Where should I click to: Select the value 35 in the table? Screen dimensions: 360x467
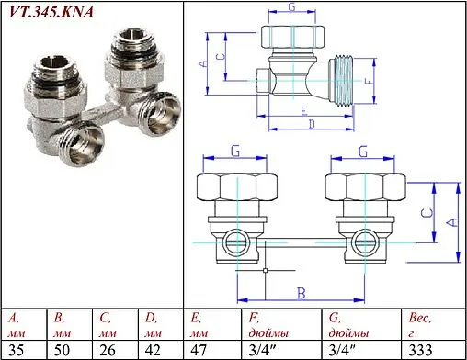(x=15, y=350)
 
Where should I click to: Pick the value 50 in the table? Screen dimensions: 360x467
(x=63, y=350)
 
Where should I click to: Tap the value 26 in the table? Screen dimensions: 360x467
(x=108, y=350)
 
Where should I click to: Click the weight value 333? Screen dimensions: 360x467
(x=420, y=350)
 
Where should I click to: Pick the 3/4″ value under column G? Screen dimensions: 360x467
(x=343, y=350)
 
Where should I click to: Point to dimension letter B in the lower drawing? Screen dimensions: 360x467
(x=300, y=292)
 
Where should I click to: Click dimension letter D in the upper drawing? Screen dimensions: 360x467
(x=313, y=122)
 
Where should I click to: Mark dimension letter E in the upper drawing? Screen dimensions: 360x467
(x=302, y=109)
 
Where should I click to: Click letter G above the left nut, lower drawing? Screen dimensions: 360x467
(x=235, y=151)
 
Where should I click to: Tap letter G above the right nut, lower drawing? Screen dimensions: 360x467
(x=363, y=151)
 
